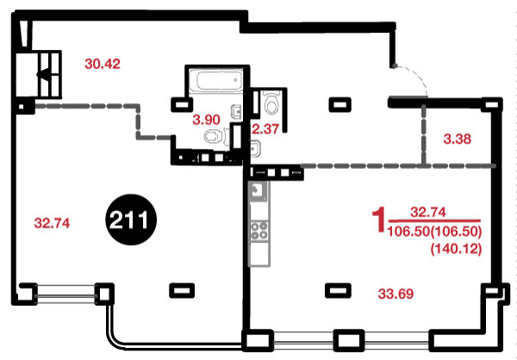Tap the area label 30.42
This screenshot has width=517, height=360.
point(103,64)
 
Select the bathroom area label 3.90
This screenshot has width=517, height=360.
point(207,120)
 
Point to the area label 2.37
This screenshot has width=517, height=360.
point(265,128)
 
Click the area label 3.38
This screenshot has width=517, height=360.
point(458,140)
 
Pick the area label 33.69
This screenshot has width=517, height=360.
point(396,294)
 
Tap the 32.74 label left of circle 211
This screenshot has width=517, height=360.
point(52,224)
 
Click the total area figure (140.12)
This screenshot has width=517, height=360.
point(457,249)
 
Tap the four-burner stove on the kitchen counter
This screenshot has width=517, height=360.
point(259,231)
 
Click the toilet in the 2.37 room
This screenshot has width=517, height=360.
point(272,102)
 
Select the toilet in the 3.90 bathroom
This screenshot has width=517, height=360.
point(215,136)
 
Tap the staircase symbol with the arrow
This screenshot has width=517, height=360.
point(49,74)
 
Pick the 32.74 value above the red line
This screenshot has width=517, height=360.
point(428,213)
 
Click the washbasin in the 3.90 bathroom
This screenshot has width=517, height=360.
point(237,112)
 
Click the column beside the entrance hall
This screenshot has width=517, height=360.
point(340,104)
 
